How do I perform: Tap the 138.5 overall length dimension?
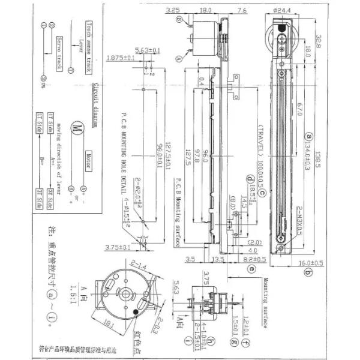[x=324, y=143]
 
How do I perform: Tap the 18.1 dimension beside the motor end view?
[x=107, y=325]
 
